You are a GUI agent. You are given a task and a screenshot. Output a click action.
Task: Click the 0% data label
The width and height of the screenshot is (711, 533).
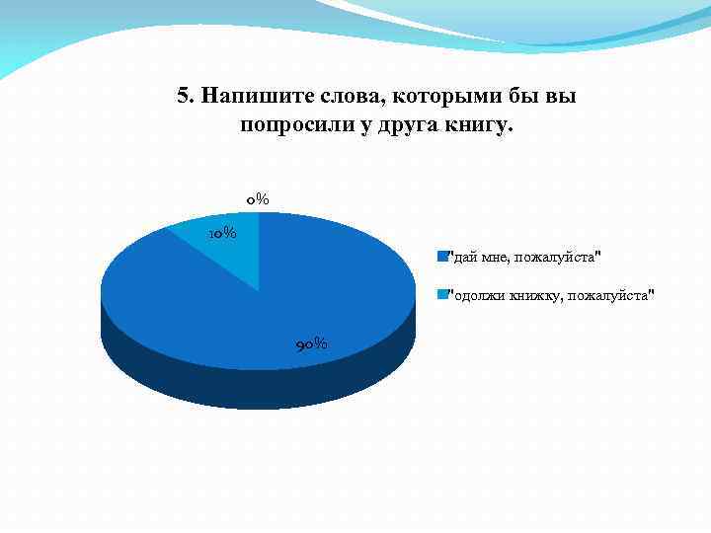[258, 199]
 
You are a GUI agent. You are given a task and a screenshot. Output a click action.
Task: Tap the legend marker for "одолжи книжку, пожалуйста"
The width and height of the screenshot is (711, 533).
[442, 294]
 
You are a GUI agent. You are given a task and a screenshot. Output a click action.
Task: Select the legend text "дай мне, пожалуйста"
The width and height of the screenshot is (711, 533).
[524, 257]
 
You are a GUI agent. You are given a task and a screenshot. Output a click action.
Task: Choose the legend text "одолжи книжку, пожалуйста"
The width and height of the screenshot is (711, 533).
[552, 294]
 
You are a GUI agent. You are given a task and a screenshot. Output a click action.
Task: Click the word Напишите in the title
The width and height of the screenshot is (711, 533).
[246, 96]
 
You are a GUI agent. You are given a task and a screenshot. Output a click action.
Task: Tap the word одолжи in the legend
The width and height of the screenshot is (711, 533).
[479, 294]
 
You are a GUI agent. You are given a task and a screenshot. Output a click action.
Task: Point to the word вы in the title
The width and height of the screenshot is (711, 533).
[561, 96]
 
